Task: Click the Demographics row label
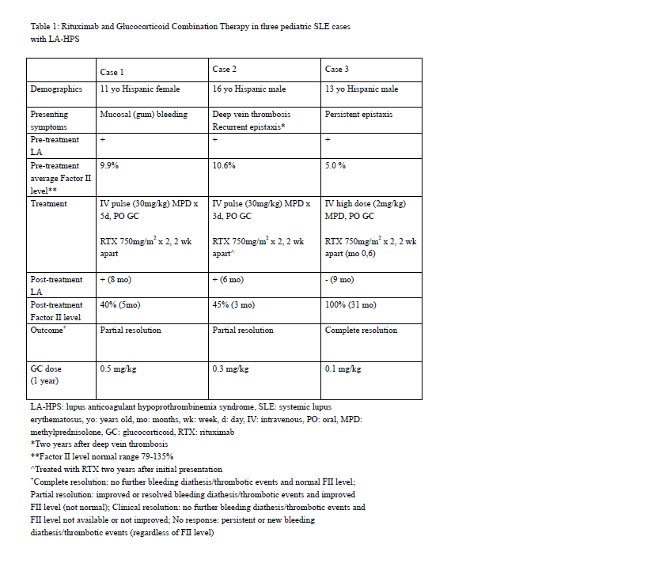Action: pos(56,89)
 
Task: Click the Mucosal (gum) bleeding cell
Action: pos(143,115)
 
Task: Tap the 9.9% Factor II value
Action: pos(109,166)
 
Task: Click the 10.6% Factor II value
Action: pos(224,166)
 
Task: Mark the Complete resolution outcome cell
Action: pos(361,331)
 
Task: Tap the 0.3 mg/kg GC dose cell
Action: pos(231,369)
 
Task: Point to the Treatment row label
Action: pos(48,203)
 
